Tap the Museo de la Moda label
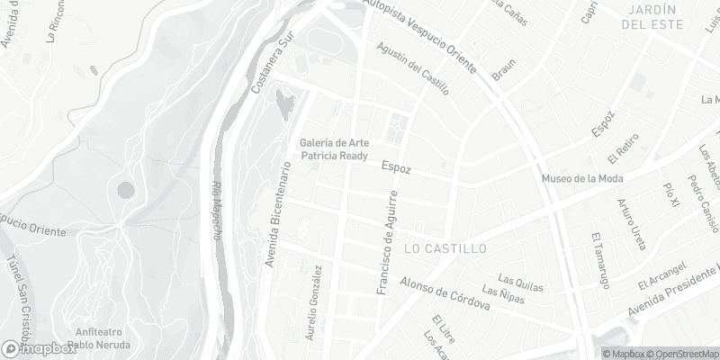[581, 178]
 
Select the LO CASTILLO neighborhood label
[445, 247]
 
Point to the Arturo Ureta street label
[633, 220]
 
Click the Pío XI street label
[670, 195]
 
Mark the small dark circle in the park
[125, 190]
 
